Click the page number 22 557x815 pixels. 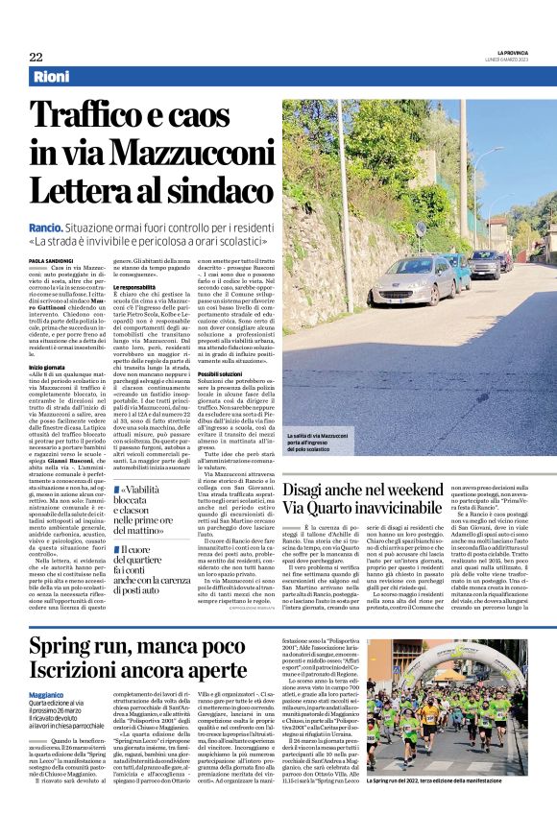[x=36, y=57]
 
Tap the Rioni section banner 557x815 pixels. [x=52, y=76]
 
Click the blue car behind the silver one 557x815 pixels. [x=485, y=263]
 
